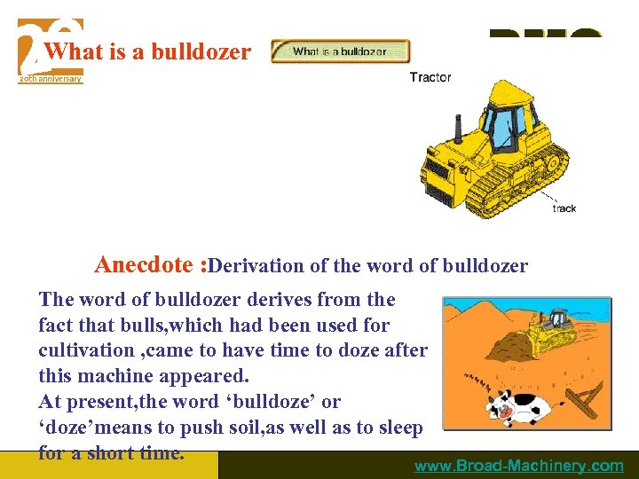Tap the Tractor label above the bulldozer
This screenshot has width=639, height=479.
[430, 77]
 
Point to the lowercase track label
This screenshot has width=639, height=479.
[564, 208]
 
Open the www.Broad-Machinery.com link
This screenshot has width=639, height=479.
[519, 466]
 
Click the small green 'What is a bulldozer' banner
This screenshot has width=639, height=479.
[340, 51]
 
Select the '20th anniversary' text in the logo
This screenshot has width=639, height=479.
[50, 79]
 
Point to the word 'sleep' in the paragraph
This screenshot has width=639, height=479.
[398, 428]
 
